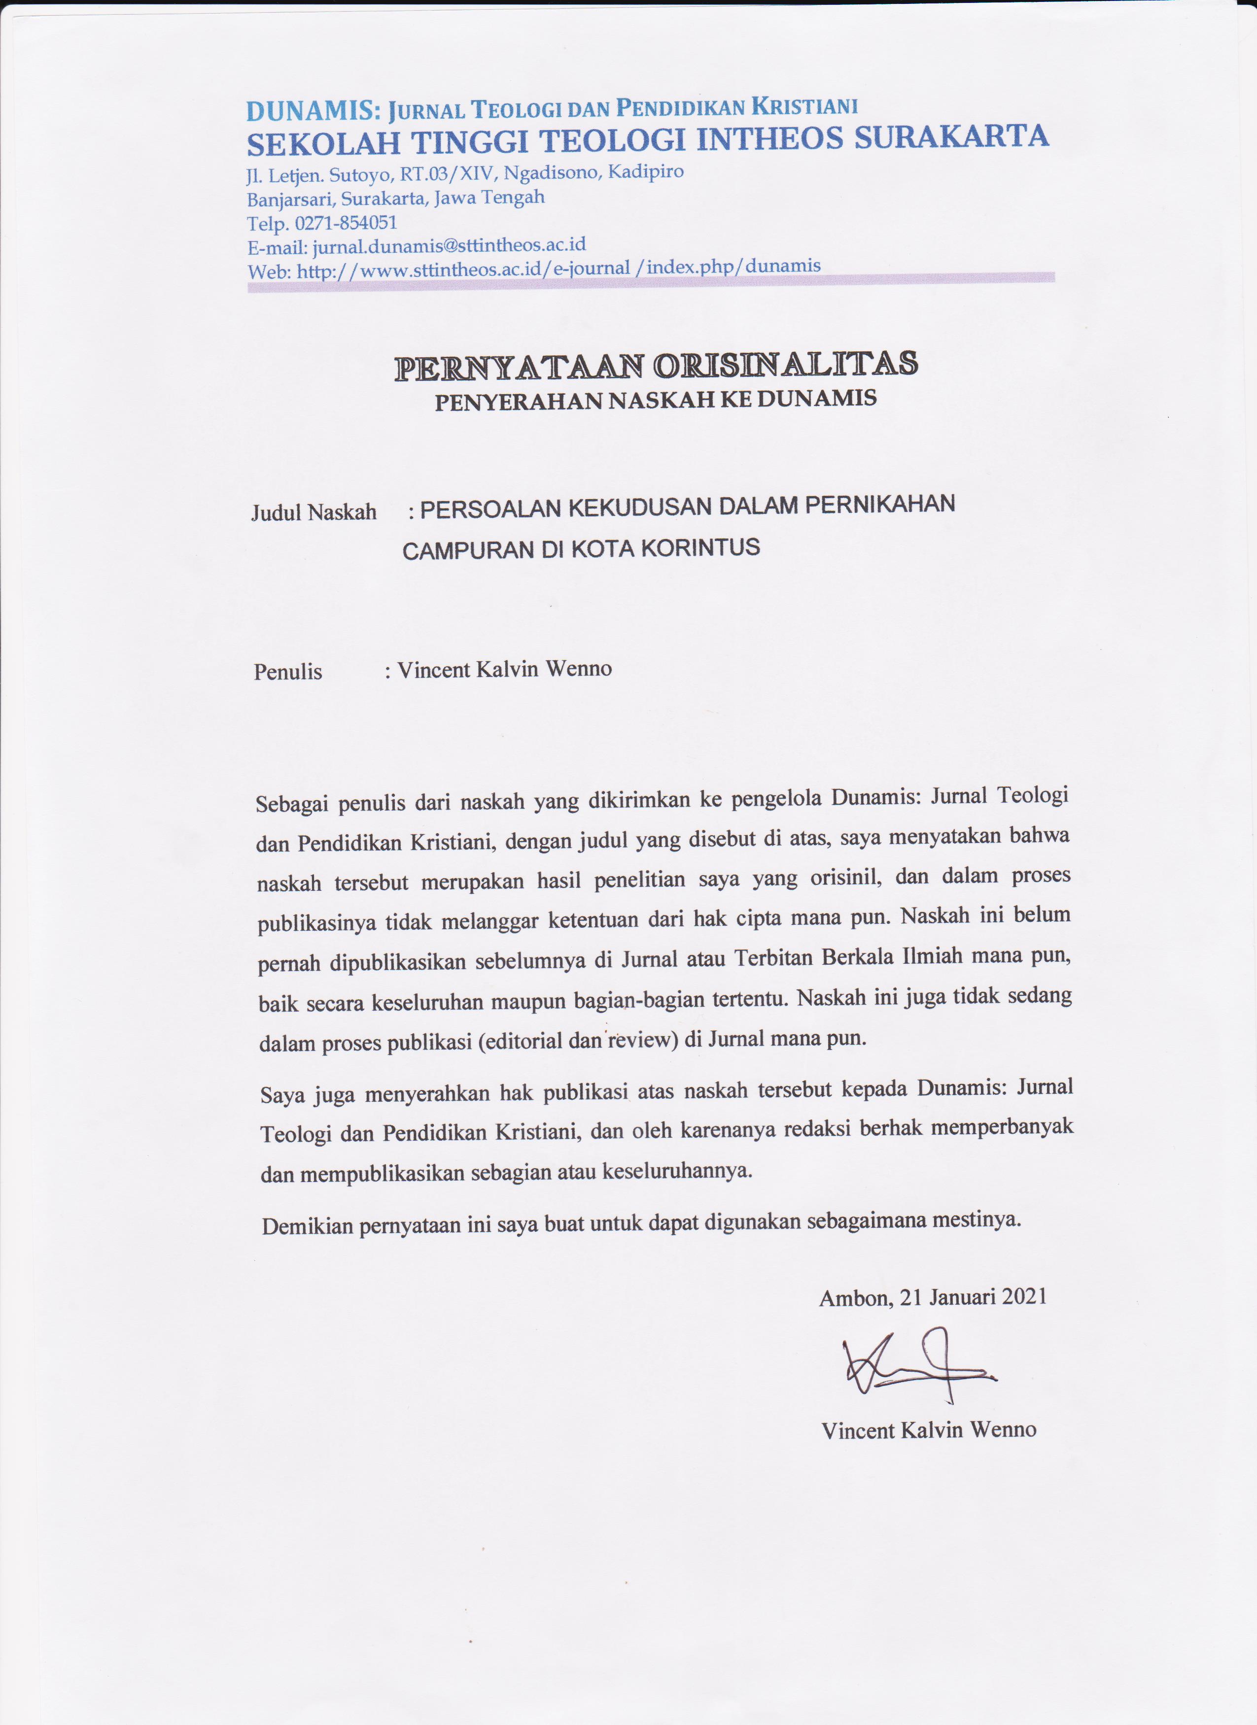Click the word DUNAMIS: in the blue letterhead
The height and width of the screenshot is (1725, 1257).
pos(313,111)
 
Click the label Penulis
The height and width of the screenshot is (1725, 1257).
pos(287,672)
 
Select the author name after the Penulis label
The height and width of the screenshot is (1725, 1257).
pos(504,669)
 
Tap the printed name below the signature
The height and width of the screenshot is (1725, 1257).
pos(928,1430)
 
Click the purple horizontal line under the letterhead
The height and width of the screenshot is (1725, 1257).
pos(651,283)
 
